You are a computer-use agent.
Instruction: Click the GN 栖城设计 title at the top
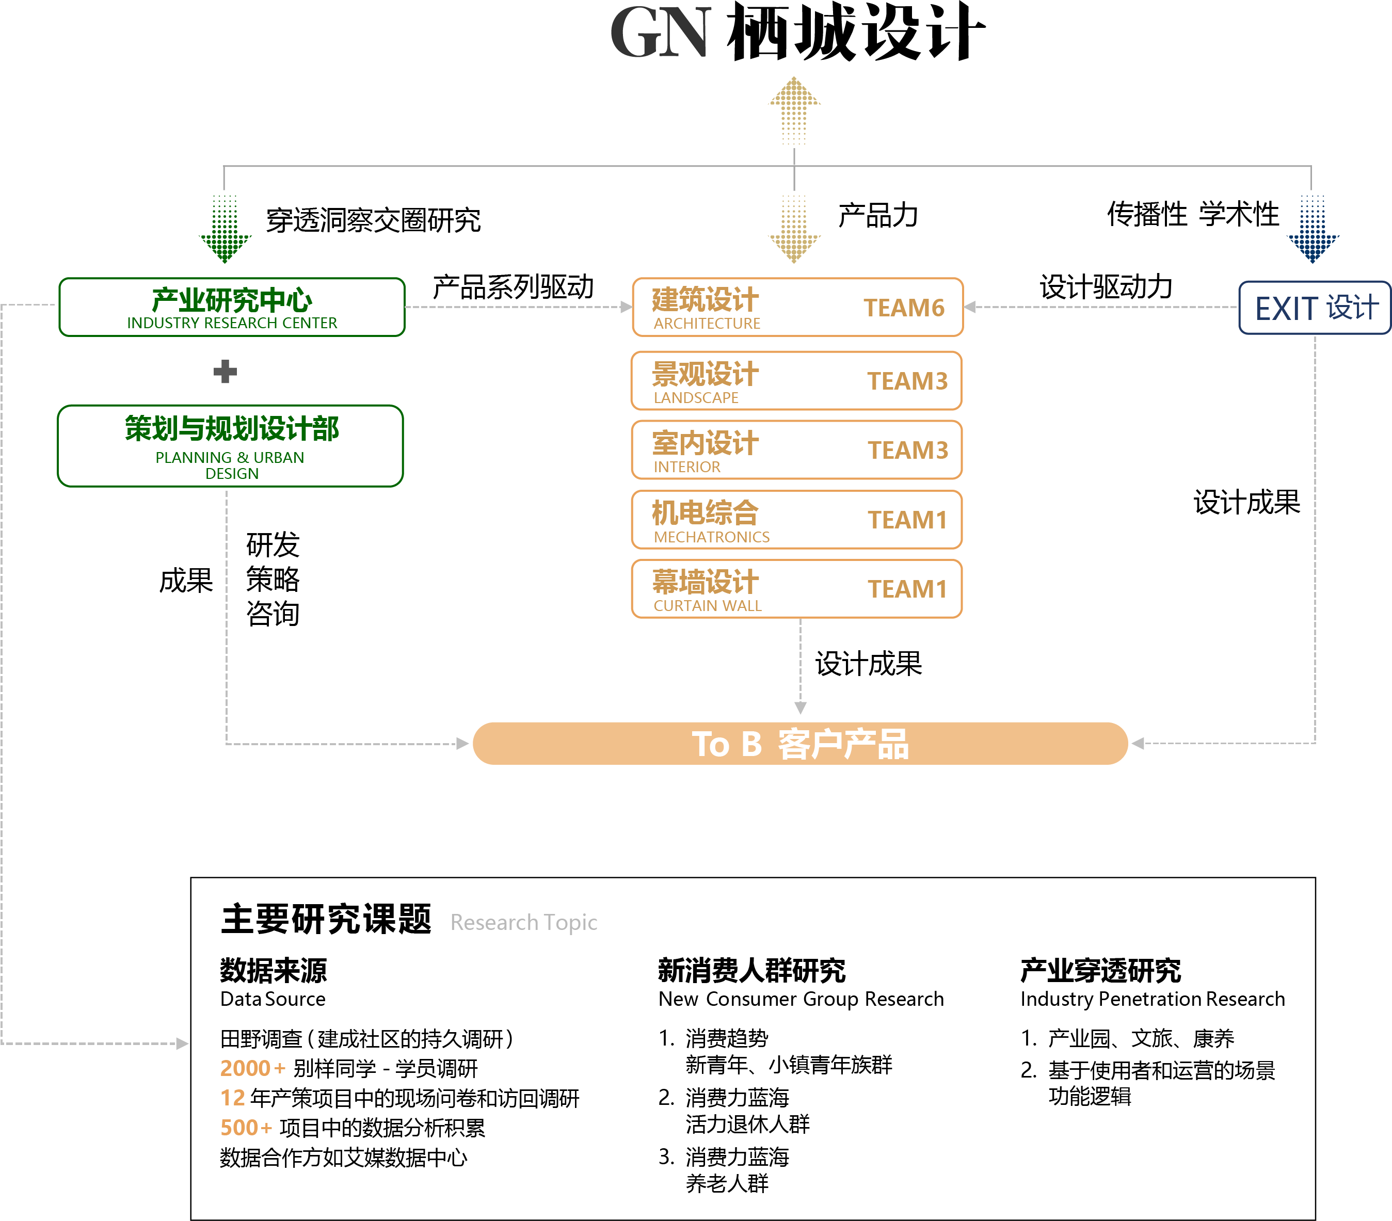coord(797,33)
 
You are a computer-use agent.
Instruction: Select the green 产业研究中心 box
coord(232,307)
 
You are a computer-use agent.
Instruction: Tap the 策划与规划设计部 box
coord(230,446)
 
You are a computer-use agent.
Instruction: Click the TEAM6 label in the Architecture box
coord(904,308)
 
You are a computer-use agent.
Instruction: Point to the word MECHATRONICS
coord(712,537)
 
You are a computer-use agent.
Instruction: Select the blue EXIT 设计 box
coord(1315,308)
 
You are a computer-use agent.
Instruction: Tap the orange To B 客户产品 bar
coord(800,744)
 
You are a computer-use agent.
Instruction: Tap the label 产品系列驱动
coord(513,287)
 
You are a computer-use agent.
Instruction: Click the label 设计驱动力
coord(1106,287)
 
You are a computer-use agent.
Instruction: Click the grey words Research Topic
coord(524,922)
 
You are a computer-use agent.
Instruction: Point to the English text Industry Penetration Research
coord(1153,999)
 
